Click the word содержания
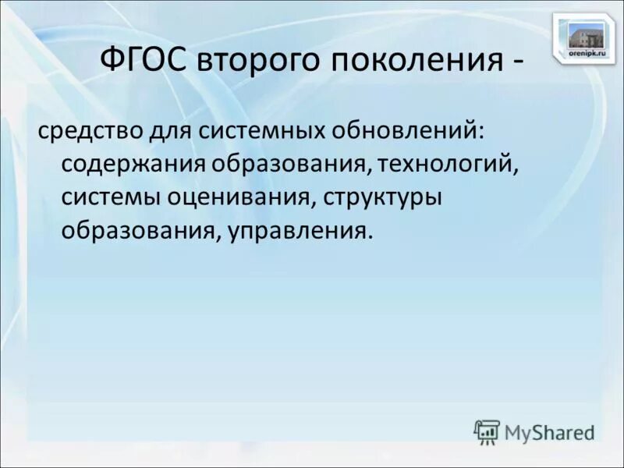[x=133, y=165]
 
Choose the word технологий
[x=448, y=165]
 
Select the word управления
[x=296, y=232]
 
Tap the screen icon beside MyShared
[x=487, y=431]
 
